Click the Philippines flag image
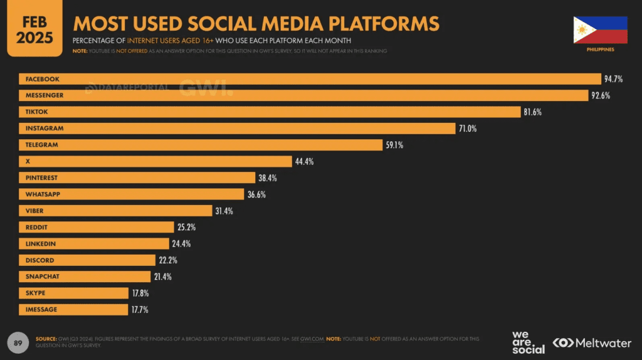point(600,29)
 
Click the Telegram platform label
point(41,145)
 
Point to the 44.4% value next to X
point(304,161)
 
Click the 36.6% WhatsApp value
point(256,194)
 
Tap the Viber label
point(34,211)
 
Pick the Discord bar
point(87,260)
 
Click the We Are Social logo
point(529,342)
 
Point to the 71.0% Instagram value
point(468,129)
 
